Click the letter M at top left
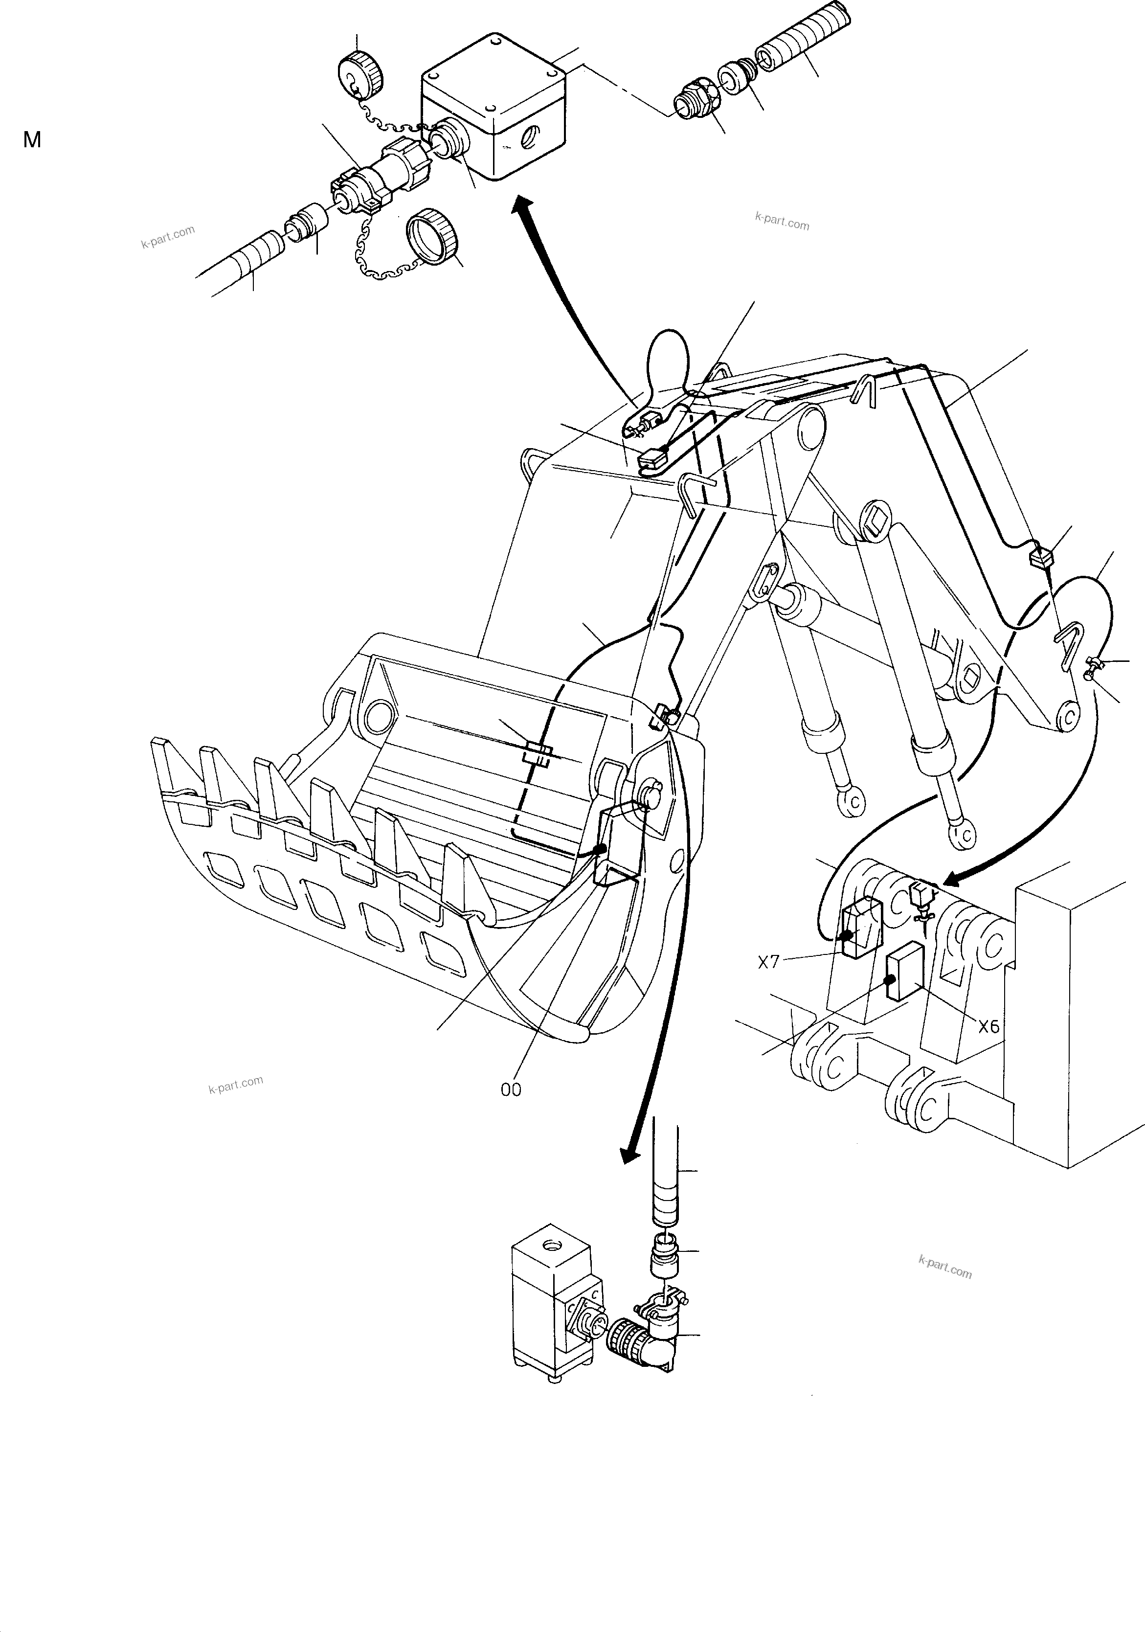pyautogui.click(x=32, y=140)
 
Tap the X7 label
pyautogui.click(x=768, y=962)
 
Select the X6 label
pyautogui.click(x=988, y=1026)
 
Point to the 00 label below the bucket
pyautogui.click(x=511, y=1089)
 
